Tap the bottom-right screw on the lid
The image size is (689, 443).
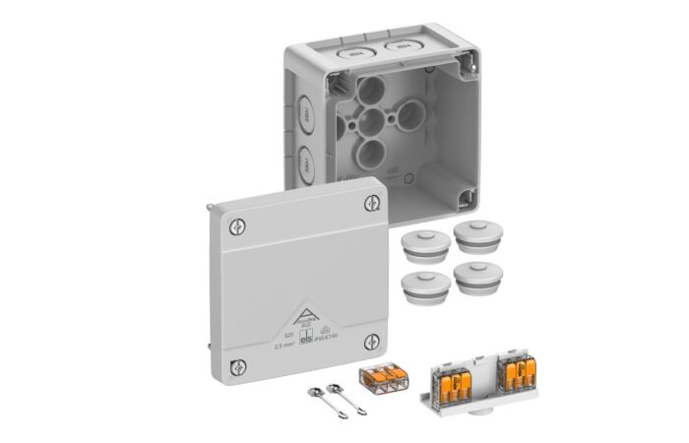coord(372,342)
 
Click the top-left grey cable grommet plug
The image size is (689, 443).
coord(422,243)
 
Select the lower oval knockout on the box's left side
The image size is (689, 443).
coord(306,162)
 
